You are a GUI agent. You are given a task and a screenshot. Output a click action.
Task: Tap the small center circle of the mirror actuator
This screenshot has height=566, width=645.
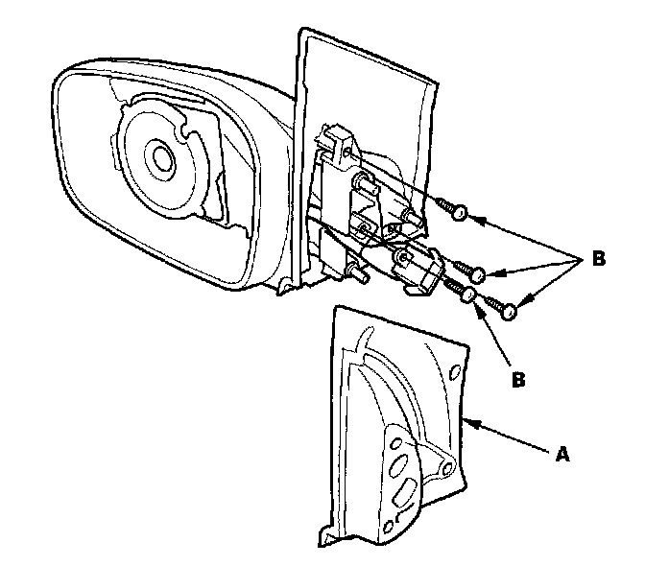click(157, 154)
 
